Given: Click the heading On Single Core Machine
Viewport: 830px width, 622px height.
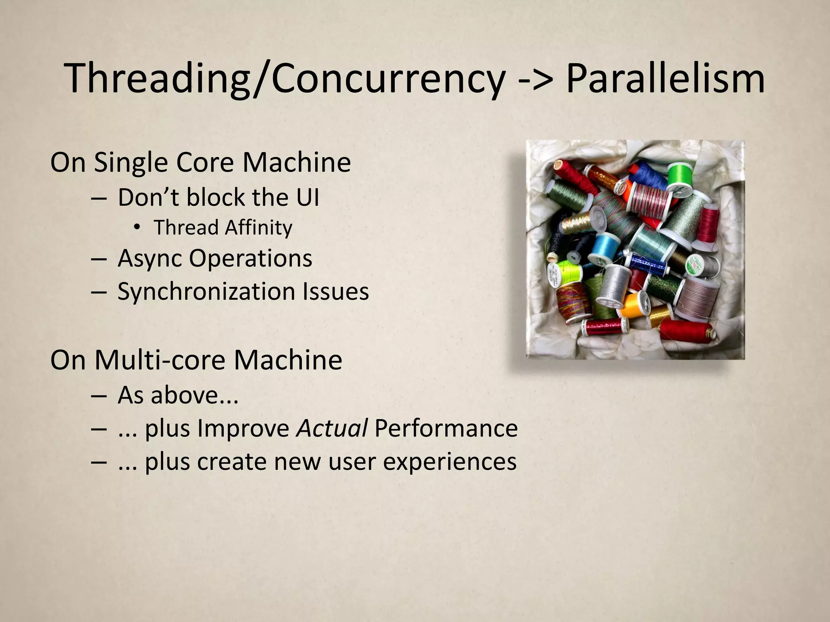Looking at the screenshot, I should [x=201, y=162].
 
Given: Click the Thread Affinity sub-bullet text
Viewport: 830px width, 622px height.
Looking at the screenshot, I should [x=222, y=227].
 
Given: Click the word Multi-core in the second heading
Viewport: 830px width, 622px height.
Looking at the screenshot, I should [x=160, y=360].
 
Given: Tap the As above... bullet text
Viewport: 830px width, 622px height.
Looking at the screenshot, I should [x=178, y=395].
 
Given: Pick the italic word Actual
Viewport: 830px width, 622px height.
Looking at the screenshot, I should [x=332, y=428].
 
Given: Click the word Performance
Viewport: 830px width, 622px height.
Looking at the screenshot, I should [x=446, y=428].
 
